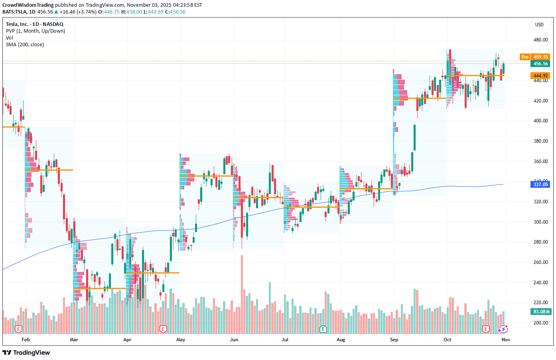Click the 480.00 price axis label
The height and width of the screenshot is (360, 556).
540,40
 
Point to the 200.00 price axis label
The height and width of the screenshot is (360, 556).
540,323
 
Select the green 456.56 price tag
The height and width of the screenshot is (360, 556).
540,64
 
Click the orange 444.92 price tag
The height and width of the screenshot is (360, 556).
540,76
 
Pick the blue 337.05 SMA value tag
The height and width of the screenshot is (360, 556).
540,184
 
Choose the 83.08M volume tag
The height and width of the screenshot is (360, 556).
541,312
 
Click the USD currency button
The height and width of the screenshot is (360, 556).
539,25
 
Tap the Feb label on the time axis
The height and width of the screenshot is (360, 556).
26,340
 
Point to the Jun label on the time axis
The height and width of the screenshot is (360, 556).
234,340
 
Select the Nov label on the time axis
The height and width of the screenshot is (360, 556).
506,340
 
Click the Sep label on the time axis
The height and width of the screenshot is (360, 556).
394,340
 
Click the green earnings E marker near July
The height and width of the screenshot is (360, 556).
323,329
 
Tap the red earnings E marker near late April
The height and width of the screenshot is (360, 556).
163,329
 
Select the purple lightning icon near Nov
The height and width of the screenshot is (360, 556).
503,329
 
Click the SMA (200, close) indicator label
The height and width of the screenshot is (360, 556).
25,45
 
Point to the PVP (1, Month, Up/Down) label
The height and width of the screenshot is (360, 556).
35,31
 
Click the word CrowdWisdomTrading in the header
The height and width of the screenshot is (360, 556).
28,5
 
